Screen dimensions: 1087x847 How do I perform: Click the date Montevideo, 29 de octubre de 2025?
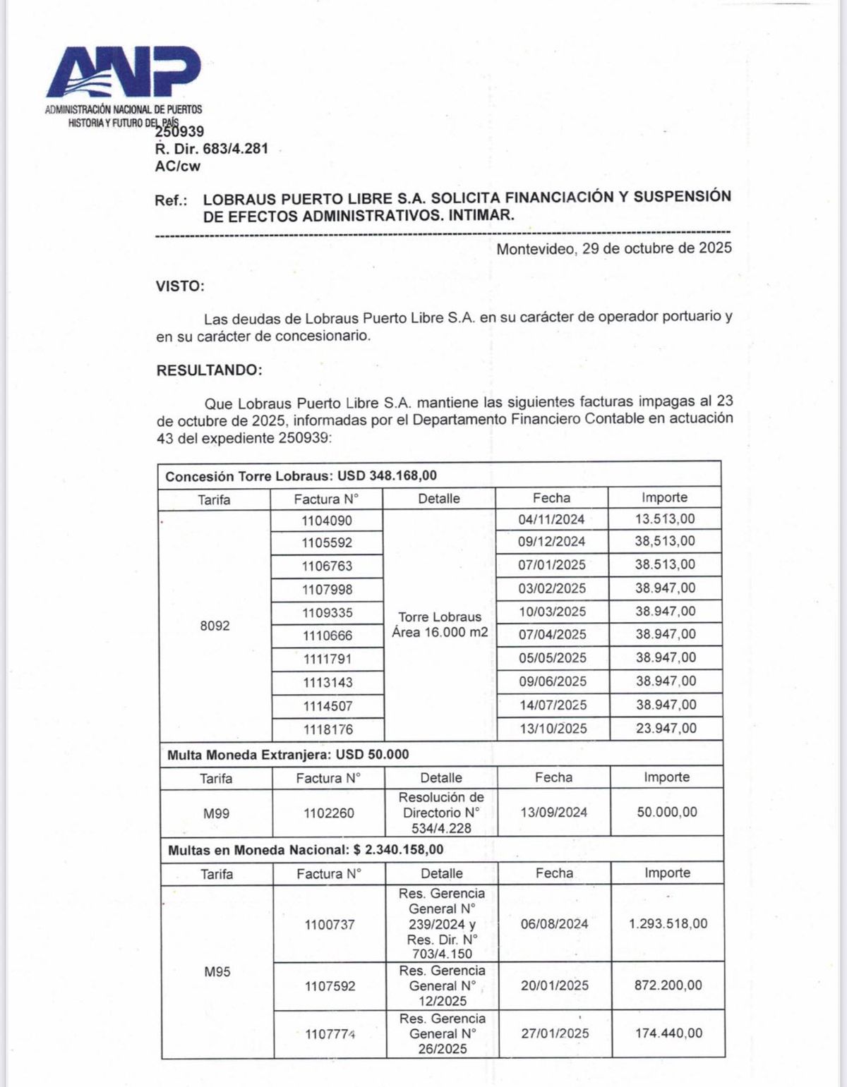click(x=614, y=248)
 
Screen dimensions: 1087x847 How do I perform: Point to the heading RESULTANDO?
click(x=209, y=370)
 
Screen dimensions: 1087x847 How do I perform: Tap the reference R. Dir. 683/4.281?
click(x=211, y=150)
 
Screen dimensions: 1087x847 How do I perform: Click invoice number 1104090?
click(x=327, y=521)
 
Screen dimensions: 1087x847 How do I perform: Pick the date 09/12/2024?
click(x=551, y=542)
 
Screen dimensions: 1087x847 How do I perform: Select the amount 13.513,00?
click(x=665, y=519)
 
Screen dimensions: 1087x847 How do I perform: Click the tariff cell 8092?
click(x=215, y=626)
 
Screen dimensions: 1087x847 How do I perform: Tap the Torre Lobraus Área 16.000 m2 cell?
click(x=440, y=624)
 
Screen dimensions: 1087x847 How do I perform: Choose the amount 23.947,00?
click(x=666, y=728)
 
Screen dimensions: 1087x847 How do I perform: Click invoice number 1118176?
click(x=328, y=729)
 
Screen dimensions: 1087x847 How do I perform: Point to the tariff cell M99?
click(x=216, y=813)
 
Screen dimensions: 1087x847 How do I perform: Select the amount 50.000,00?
click(x=666, y=812)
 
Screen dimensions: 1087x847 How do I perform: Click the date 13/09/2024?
click(x=553, y=813)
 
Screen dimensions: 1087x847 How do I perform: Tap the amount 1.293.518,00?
click(x=668, y=923)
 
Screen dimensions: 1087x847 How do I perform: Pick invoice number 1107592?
click(x=330, y=986)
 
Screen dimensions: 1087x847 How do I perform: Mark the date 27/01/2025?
click(x=555, y=1033)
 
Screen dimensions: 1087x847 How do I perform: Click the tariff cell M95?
click(x=217, y=972)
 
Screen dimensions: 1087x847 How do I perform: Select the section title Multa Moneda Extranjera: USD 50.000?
click(x=288, y=754)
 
